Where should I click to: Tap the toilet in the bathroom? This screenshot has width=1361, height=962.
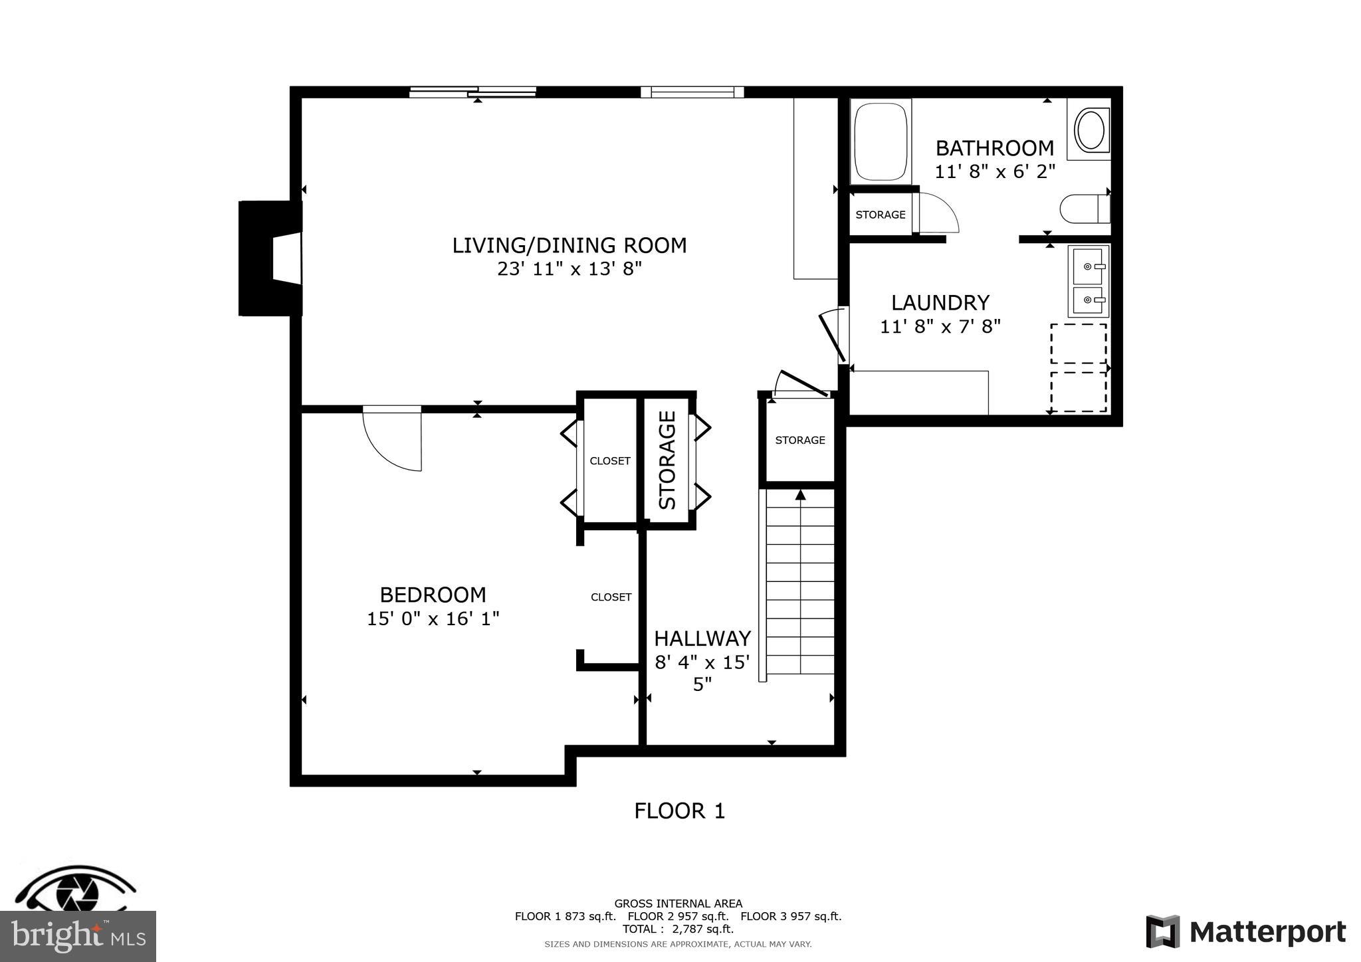tap(1083, 209)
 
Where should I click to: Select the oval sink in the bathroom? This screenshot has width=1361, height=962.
tap(1090, 130)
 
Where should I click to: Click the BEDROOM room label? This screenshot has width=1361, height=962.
tap(433, 594)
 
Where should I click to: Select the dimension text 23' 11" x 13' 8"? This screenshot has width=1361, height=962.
tap(570, 269)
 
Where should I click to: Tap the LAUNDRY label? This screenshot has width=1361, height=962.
tap(940, 302)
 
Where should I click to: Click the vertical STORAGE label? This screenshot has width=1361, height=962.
tap(667, 460)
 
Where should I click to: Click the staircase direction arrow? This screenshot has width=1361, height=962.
tap(800, 495)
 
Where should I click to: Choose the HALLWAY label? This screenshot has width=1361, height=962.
tap(702, 638)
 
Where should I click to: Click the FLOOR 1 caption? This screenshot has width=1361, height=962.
tap(679, 811)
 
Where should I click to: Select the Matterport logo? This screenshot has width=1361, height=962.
tap(1245, 932)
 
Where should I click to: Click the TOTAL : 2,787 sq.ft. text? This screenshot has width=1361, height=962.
tap(678, 929)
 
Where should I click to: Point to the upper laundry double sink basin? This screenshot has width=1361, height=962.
tap(1088, 266)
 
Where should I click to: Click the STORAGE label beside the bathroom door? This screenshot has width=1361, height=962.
tap(880, 215)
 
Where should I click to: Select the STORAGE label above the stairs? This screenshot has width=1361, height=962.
tap(799, 440)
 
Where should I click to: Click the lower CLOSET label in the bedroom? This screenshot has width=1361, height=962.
tap(611, 597)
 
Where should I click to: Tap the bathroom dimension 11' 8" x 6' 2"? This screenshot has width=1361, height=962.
tap(995, 171)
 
